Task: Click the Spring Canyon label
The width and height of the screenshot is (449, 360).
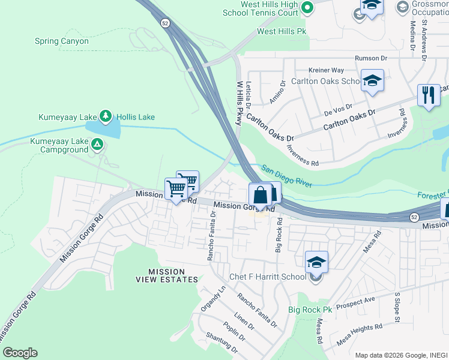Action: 62,41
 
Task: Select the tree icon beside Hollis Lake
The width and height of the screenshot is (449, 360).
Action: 106,115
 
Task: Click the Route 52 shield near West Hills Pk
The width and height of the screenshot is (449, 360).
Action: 165,23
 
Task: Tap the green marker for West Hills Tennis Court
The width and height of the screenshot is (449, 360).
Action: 307,8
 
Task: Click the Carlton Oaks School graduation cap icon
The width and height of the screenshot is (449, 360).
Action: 372,81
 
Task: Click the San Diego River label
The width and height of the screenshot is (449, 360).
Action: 286,176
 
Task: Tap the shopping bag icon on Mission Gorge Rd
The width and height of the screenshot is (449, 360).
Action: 260,196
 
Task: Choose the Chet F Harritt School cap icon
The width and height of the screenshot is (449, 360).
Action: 316,263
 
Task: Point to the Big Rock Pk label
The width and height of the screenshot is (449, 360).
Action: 310,310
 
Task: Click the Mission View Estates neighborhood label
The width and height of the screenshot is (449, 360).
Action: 164,276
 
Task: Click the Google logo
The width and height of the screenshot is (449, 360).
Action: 19,353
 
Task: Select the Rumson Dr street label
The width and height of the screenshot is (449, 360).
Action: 372,58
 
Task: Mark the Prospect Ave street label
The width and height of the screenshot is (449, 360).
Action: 355,302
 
